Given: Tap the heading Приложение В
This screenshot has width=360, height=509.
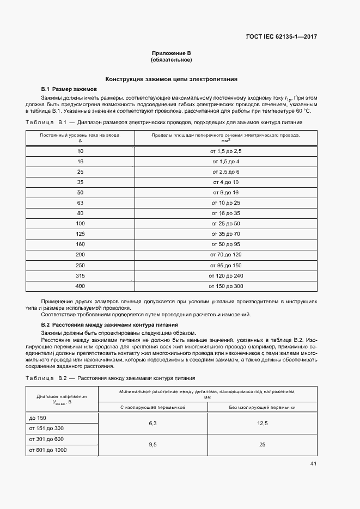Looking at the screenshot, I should [172, 53].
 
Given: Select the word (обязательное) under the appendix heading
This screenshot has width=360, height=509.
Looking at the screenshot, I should [172, 59].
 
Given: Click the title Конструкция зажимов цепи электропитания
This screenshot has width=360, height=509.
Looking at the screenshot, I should [172, 79].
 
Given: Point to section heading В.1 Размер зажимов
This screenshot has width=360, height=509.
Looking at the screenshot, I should [69, 88].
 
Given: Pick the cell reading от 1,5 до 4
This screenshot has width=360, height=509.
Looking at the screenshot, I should [225, 162].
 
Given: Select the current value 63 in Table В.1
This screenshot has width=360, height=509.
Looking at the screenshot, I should [81, 203].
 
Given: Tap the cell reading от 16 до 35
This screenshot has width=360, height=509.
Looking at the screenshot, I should [225, 213].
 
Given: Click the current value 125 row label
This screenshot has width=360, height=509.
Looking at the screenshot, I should [81, 234].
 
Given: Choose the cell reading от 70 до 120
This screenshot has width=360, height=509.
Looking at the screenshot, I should [225, 255].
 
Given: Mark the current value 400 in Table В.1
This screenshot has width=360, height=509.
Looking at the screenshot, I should [81, 286].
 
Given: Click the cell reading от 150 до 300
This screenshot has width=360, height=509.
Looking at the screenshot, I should [225, 286].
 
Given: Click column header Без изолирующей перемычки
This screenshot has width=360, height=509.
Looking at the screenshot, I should [263, 407].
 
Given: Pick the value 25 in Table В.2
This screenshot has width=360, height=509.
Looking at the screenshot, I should [263, 444].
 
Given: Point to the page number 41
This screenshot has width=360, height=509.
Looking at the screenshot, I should [313, 464].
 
